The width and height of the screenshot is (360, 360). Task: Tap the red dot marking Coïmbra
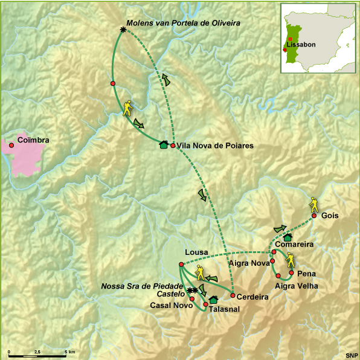click(x=11, y=145)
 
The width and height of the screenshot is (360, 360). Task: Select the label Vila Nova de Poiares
click(x=211, y=146)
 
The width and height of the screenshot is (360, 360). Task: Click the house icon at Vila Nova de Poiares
click(x=163, y=144)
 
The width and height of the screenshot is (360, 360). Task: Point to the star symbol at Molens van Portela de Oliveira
click(x=123, y=30)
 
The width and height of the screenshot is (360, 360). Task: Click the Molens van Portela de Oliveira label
click(x=184, y=22)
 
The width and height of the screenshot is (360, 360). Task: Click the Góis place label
click(x=330, y=216)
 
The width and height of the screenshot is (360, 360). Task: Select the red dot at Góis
click(x=314, y=216)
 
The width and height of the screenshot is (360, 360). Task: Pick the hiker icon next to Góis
click(x=314, y=203)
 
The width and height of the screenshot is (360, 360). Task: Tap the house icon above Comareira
click(x=288, y=237)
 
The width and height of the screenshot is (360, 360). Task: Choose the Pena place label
click(x=307, y=273)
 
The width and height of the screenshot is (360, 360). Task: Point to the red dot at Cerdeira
click(x=233, y=295)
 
